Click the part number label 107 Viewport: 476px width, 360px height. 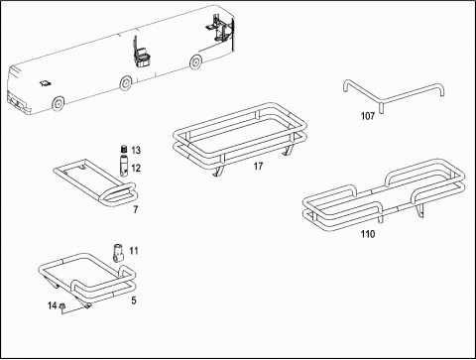tap(368, 116)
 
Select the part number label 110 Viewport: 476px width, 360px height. tap(368, 234)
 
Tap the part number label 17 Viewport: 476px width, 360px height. tap(258, 166)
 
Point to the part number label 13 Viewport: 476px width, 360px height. tap(136, 151)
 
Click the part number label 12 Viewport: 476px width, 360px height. tap(136, 169)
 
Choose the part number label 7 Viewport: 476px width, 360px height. tap(136, 209)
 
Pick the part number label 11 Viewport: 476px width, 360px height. tap(134, 251)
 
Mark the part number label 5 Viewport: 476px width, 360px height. tap(134, 300)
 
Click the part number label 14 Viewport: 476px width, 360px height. tap(53, 305)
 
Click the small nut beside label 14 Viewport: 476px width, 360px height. tap(61, 307)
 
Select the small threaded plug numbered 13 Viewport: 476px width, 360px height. tap(124, 149)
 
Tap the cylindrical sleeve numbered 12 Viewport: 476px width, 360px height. tap(123, 165)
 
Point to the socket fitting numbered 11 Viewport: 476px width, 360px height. tap(118, 253)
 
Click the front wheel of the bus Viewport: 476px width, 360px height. tap(58, 103)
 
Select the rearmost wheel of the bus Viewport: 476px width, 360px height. tap(195, 61)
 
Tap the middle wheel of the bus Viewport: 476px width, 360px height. tap(126, 83)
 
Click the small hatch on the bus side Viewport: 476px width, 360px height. tap(45, 83)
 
